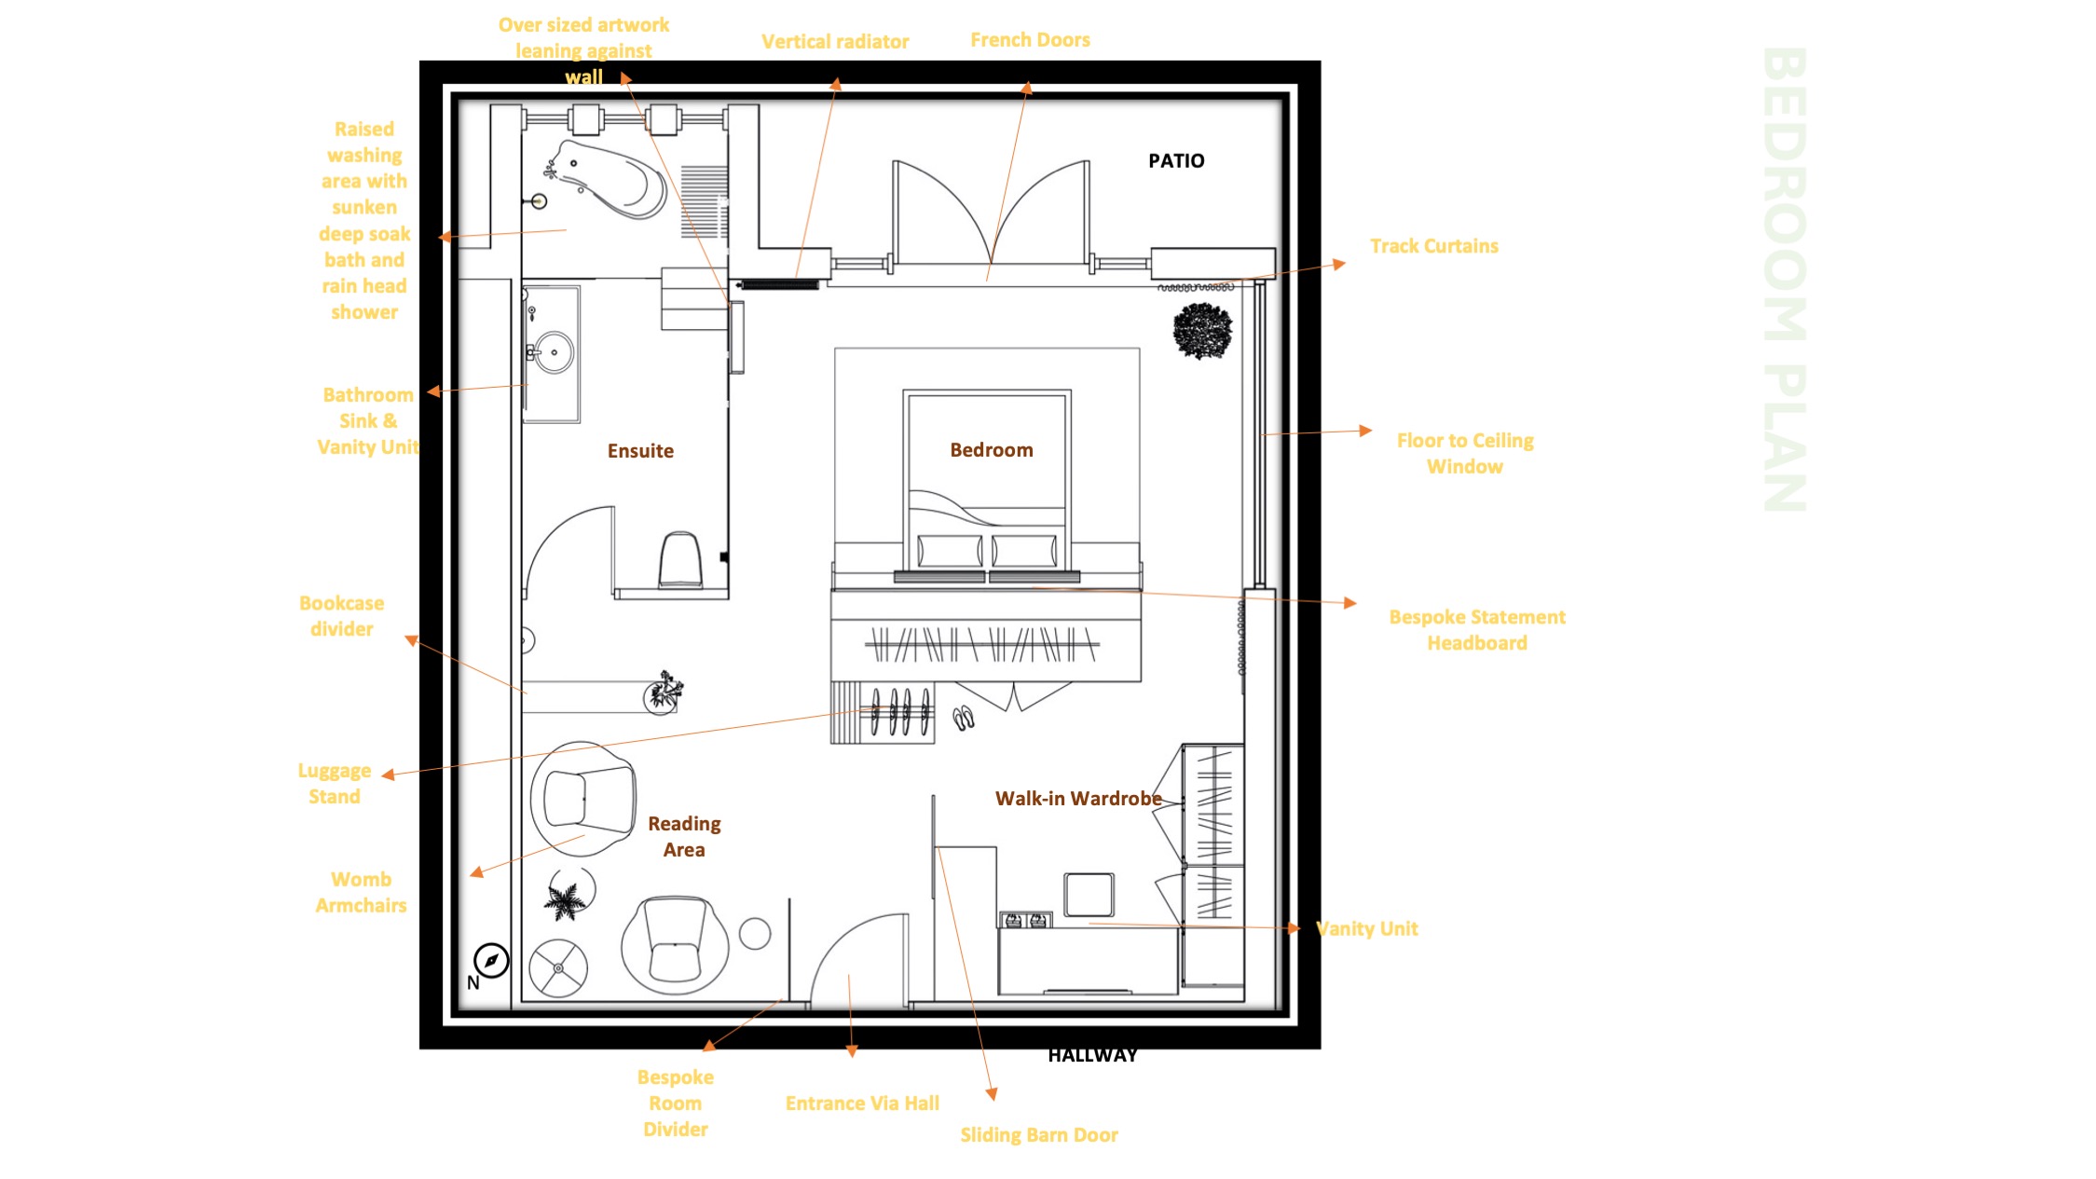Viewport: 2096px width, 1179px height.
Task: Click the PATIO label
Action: pos(1176,161)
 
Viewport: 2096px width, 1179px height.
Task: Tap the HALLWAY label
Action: pos(1092,1055)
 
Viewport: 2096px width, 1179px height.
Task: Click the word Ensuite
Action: pos(640,451)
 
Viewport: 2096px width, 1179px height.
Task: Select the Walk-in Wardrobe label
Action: pos(1078,799)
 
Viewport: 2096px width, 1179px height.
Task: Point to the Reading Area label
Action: pos(684,837)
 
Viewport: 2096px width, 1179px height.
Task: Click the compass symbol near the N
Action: pos(491,960)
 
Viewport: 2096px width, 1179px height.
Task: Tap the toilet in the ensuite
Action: pos(680,560)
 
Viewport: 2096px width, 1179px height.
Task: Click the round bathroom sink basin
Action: pos(554,352)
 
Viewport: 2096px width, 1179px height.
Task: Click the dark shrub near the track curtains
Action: pos(1202,331)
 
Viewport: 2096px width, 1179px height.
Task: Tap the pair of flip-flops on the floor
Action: pos(964,718)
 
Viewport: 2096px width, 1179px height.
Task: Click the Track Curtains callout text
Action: pos(1433,246)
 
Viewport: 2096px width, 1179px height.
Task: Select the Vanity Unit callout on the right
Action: pos(1366,928)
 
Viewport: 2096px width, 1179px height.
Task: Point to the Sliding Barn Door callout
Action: pos(1039,1135)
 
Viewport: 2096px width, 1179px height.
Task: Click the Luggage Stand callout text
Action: pos(335,784)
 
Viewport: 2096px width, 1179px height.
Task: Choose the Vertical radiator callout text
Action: pos(835,42)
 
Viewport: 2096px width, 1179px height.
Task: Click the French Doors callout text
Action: pos(1030,40)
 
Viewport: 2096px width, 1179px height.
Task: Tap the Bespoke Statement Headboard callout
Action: pos(1477,630)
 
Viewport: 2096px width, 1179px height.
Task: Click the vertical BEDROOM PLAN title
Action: pos(1785,279)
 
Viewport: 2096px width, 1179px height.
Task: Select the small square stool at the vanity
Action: pos(1089,895)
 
